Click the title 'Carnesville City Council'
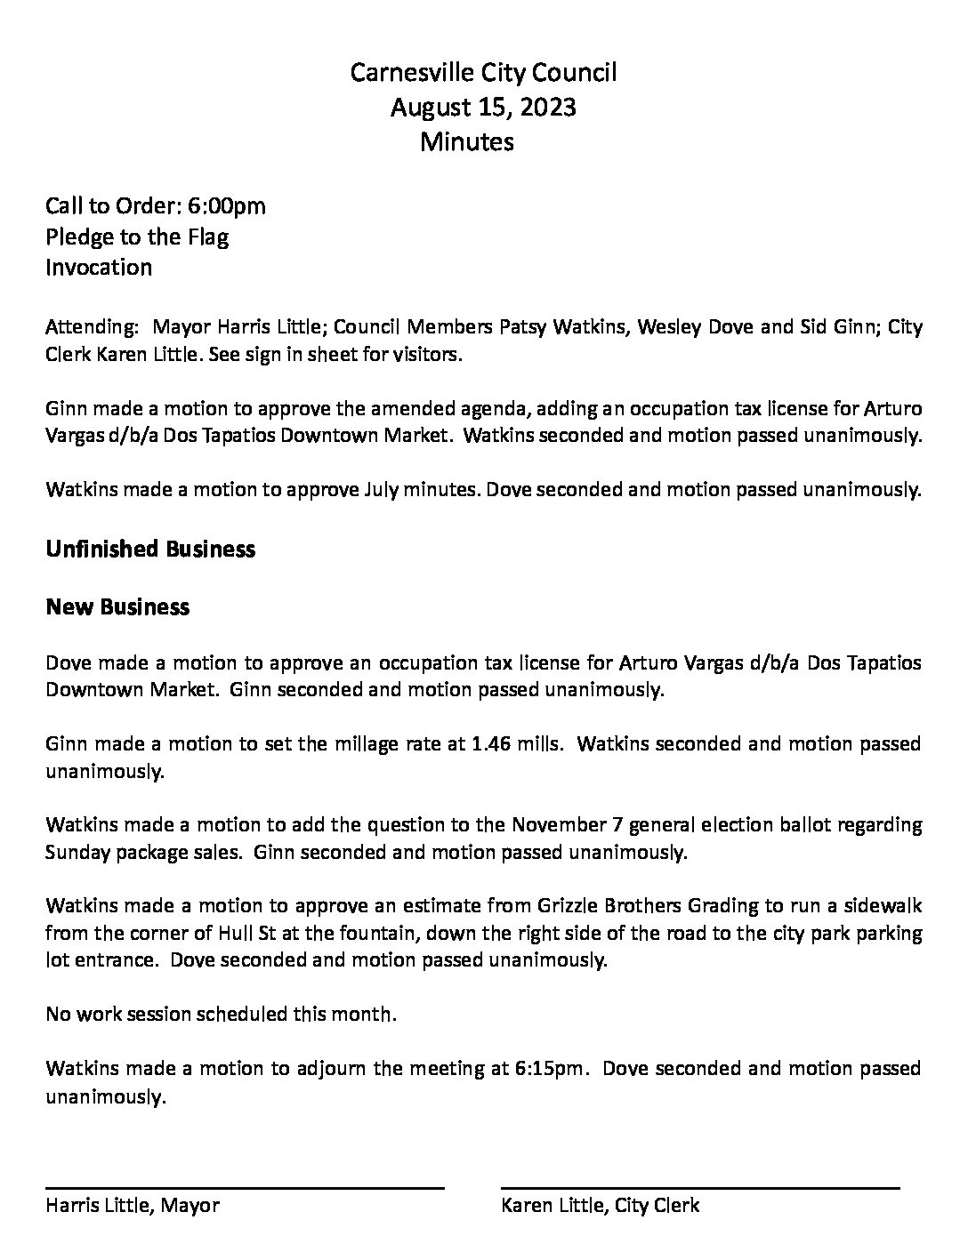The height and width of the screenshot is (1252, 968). click(x=483, y=73)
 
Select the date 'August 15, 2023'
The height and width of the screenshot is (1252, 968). click(x=483, y=108)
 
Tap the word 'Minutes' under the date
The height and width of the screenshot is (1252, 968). click(x=466, y=141)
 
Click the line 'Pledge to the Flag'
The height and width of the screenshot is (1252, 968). click(x=137, y=237)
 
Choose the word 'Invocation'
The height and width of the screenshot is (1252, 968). click(x=99, y=268)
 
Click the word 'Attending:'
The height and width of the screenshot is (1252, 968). click(x=91, y=327)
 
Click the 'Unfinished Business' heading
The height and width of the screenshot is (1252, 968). click(x=150, y=550)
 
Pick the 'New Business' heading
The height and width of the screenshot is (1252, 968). click(x=117, y=607)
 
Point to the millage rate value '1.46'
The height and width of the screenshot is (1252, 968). click(x=489, y=743)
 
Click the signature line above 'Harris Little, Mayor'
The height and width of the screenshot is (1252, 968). click(x=245, y=1188)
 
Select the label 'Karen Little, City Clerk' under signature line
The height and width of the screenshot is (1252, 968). click(x=601, y=1206)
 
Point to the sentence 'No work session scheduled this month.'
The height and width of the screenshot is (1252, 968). click(x=221, y=1015)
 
